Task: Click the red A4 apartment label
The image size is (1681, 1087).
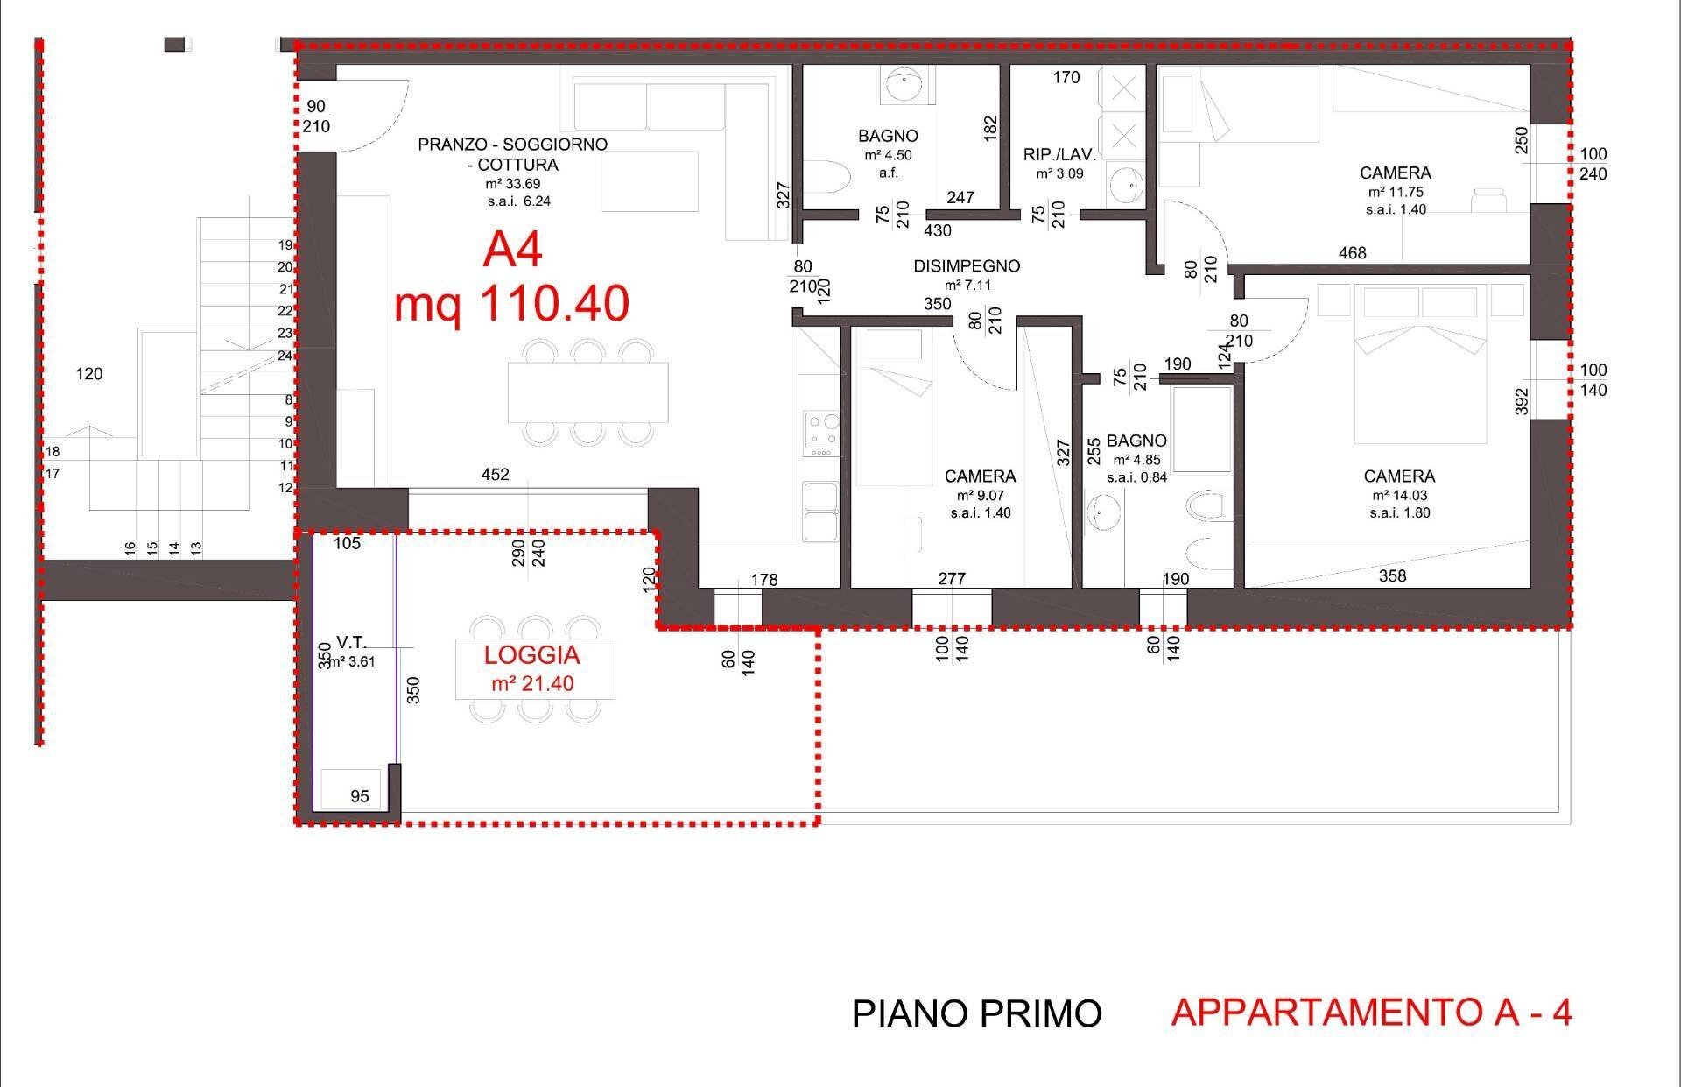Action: tap(512, 249)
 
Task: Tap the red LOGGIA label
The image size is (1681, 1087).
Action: tap(532, 655)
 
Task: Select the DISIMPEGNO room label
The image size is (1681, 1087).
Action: tap(967, 266)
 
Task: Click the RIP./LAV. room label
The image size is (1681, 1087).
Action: tap(1059, 155)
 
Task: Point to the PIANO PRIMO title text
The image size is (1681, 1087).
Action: tap(976, 1014)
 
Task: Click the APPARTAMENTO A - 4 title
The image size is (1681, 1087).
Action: tap(1371, 1013)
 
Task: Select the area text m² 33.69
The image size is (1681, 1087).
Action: tap(513, 184)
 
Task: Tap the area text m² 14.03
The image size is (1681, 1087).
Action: tap(1399, 496)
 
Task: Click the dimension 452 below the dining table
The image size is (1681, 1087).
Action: tap(496, 475)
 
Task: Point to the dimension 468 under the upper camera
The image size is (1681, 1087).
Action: tap(1353, 253)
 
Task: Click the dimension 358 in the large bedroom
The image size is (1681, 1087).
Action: tap(1392, 575)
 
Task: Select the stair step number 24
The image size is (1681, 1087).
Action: tap(285, 356)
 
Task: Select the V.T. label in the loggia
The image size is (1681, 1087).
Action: tap(351, 643)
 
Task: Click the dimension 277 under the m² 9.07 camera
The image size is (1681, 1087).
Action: tap(952, 579)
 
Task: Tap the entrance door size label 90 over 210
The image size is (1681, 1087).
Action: tap(316, 116)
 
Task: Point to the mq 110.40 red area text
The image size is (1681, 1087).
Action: tap(511, 305)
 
